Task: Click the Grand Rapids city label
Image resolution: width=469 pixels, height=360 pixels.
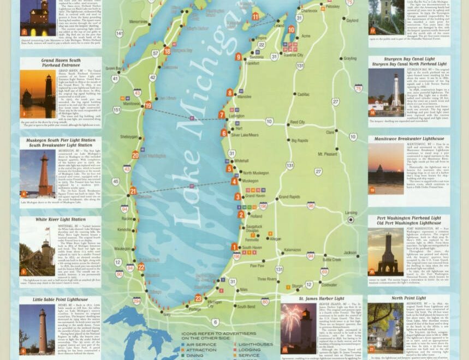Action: pos(289,197)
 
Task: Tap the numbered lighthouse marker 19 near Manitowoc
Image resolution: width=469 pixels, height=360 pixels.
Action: pos(148,105)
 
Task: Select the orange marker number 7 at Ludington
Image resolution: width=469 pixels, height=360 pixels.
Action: pos(222,115)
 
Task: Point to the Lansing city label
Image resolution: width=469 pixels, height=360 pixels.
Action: pos(351,213)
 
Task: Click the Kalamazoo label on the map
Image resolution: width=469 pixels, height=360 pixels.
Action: pos(292,250)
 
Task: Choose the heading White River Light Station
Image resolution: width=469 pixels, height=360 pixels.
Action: pos(60,219)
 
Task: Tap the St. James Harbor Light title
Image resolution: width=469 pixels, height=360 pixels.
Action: pos(321,299)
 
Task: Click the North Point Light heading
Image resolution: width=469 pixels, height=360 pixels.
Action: pos(408,298)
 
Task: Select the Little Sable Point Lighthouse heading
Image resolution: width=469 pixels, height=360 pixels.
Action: pos(60,299)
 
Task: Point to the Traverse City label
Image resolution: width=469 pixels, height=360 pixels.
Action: pos(293,55)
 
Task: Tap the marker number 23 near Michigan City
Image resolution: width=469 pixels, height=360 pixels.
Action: pos(198,298)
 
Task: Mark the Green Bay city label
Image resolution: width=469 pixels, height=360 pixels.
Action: pos(114,69)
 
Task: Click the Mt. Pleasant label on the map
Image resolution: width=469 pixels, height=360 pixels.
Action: pos(327,154)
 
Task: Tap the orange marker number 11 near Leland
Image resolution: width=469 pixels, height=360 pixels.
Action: pos(255,16)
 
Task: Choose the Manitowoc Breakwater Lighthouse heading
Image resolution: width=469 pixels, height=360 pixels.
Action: pos(408,139)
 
